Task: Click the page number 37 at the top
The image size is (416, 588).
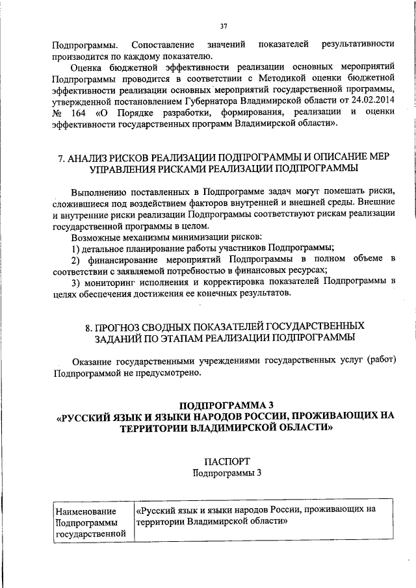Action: coord(223,26)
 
